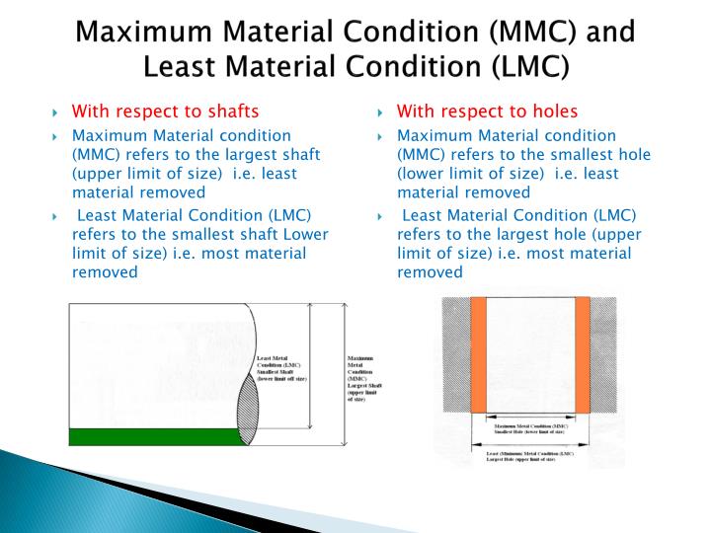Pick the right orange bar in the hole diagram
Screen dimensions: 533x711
[582, 352]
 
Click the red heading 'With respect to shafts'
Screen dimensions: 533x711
[166, 110]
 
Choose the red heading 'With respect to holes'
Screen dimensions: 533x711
[487, 110]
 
